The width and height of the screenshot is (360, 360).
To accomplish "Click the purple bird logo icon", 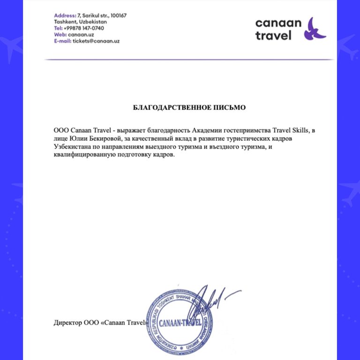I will (x=315, y=29).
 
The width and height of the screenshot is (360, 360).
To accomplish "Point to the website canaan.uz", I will (x=78, y=34).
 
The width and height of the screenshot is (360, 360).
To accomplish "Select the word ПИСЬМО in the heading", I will (x=229, y=108).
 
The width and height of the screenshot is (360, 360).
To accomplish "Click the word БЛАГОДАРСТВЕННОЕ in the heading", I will (x=171, y=108).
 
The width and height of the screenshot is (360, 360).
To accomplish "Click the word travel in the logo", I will (x=273, y=36).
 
